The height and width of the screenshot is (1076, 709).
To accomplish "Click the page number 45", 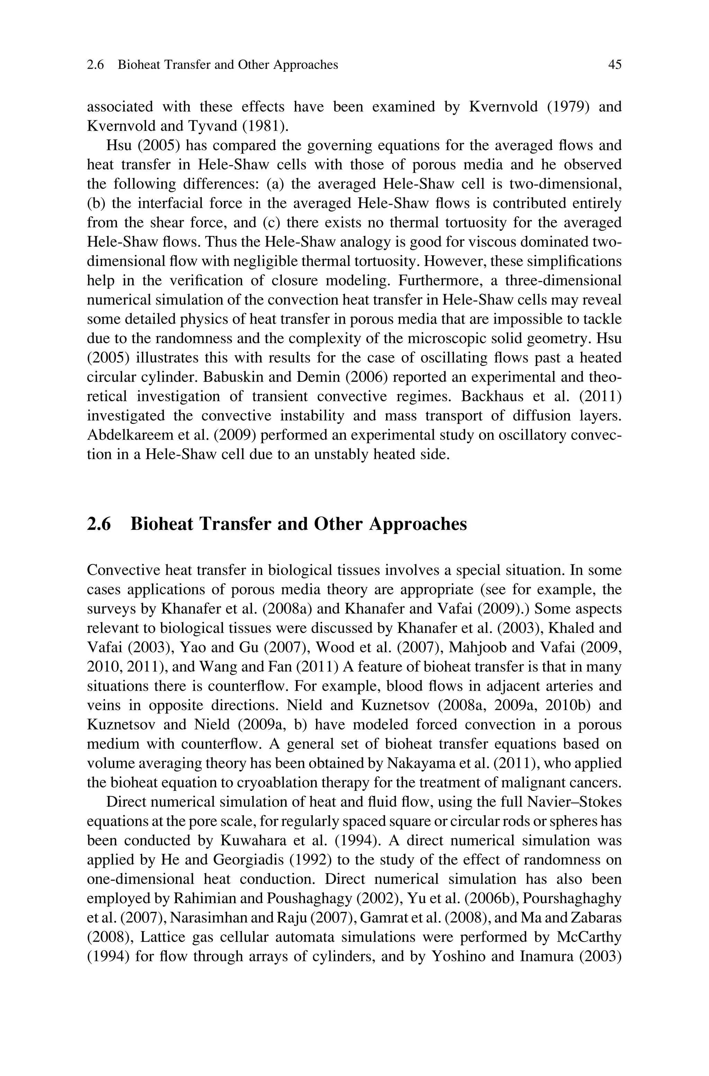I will tap(614, 65).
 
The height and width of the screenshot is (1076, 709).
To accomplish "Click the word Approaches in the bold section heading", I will tap(418, 524).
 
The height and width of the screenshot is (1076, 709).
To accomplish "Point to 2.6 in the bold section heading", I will tap(99, 524).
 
